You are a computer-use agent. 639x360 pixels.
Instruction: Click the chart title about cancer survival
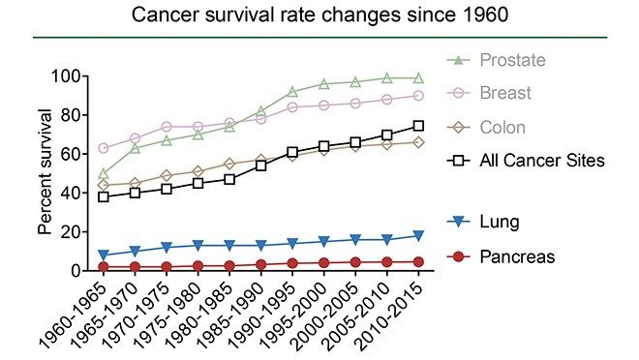pyautogui.click(x=319, y=15)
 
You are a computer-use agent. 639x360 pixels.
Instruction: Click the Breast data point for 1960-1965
pyautogui.click(x=104, y=148)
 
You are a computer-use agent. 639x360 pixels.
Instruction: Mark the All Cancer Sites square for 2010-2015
pyautogui.click(x=418, y=126)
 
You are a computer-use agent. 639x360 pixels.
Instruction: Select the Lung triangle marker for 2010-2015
pyautogui.click(x=418, y=235)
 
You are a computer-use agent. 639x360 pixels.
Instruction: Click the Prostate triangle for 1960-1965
pyautogui.click(x=104, y=173)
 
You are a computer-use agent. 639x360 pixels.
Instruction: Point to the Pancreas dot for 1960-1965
pyautogui.click(x=104, y=266)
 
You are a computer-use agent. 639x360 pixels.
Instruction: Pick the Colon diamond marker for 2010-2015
pyautogui.click(x=418, y=142)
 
